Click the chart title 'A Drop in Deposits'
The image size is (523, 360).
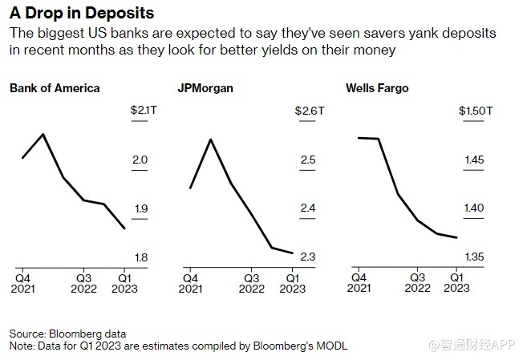[x=82, y=14]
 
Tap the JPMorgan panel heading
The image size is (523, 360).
[x=205, y=87]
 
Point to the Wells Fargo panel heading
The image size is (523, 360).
[x=377, y=87]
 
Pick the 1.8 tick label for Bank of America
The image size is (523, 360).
[x=140, y=257]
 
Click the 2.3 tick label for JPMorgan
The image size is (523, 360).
[x=308, y=257]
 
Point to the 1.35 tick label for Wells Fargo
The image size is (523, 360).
[x=475, y=257]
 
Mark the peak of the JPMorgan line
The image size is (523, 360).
[x=210, y=140]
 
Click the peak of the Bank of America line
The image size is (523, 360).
[x=43, y=134]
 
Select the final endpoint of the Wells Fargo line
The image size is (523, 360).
[x=457, y=237]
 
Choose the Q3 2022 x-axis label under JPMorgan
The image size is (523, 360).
[x=252, y=283]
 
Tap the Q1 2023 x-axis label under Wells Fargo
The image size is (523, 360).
[x=456, y=283]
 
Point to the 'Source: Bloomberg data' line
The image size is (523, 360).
[x=67, y=333]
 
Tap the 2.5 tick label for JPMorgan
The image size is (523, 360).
[x=308, y=160]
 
